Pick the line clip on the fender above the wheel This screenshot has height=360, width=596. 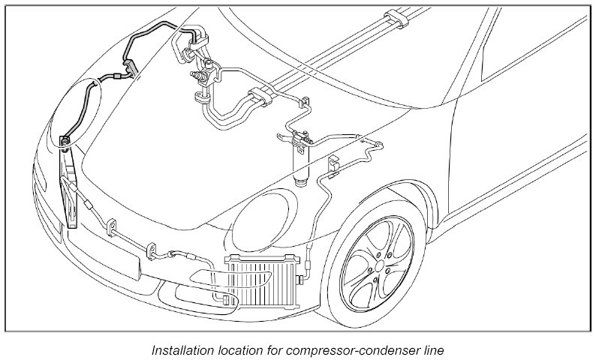[333, 163]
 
